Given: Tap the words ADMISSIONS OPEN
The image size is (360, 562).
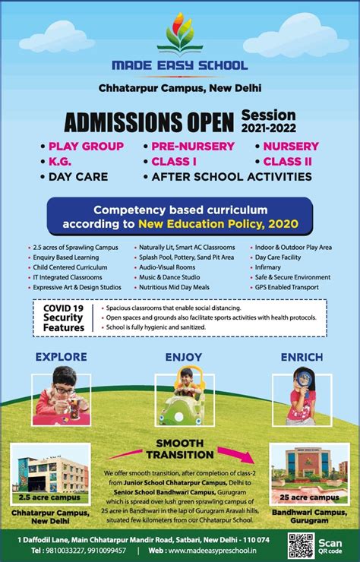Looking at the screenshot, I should click(x=150, y=122).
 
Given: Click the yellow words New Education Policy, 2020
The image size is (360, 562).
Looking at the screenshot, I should click(x=217, y=224).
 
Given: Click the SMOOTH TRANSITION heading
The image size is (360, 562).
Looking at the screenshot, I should click(x=181, y=448).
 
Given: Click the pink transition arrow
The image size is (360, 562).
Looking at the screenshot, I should click(x=243, y=455).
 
